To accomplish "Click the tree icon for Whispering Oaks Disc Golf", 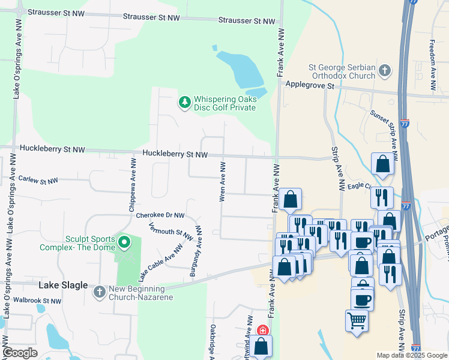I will click(x=185, y=103).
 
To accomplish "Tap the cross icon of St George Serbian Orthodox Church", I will click(x=385, y=72).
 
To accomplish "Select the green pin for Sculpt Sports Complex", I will click(x=124, y=242).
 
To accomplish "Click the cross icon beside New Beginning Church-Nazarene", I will click(x=100, y=292).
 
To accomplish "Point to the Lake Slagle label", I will click(x=63, y=286).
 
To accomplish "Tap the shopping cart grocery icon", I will click(x=357, y=320).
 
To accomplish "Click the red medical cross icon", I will click(x=262, y=331).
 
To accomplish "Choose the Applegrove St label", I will click(x=310, y=86).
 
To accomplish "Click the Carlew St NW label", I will click(x=38, y=179).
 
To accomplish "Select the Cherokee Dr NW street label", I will click(x=160, y=215).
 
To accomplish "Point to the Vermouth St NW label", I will click(x=171, y=230).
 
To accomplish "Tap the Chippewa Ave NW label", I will click(x=131, y=185).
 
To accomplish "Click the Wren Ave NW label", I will click(x=223, y=181).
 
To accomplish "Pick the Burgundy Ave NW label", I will click(x=196, y=251).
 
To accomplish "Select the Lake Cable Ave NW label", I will click(x=160, y=263).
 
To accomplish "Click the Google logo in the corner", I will click(x=20, y=353).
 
